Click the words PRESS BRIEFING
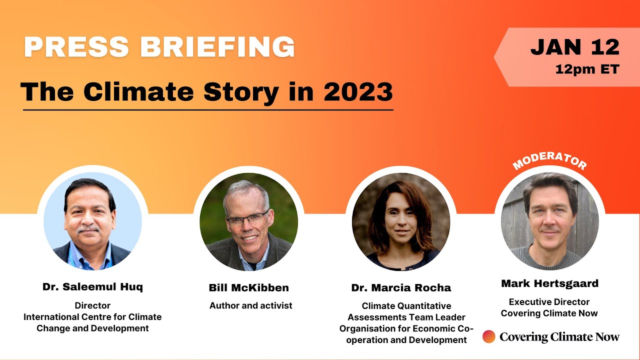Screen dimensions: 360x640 pos(159,47)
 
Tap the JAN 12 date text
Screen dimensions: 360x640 pos(575,47)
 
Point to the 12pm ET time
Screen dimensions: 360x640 pos(587,69)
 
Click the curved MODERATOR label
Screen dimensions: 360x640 pos(549,159)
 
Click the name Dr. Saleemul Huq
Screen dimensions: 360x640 pos(92,287)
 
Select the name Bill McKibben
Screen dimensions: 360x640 pos(248,287)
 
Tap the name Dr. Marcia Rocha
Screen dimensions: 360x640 pos(401,287)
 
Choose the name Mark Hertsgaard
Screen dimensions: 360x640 pos(549,283)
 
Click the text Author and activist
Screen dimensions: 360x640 pos(251,305)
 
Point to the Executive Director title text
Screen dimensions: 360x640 pos(549,302)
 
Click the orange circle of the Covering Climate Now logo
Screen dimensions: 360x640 pos(489,336)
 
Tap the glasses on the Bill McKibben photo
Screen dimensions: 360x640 pos(247,218)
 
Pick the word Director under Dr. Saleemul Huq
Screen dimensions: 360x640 pos(92,305)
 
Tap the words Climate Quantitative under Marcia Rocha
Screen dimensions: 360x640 pos(406,305)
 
